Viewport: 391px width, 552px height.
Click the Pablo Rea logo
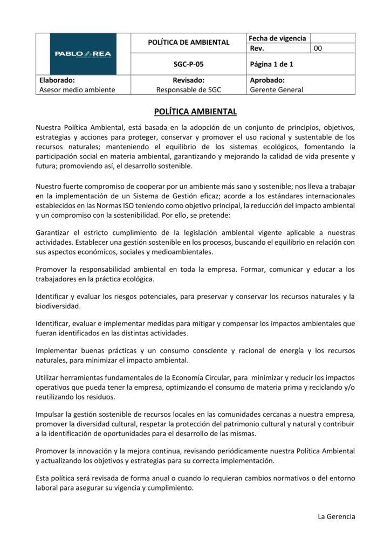pos(83,53)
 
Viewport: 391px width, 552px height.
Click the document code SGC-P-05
pos(188,64)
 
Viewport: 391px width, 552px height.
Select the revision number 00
pos(318,49)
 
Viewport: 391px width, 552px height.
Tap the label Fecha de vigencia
pos(277,38)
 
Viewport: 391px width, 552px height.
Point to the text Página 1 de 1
pos(271,64)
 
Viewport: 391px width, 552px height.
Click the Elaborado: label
pos(57,80)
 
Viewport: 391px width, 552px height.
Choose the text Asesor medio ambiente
pos(77,89)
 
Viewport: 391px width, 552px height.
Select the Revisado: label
pos(188,80)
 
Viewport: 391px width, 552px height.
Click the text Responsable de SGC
pos(188,89)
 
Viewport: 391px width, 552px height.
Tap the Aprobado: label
pos(267,80)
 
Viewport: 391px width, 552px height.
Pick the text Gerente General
pos(277,89)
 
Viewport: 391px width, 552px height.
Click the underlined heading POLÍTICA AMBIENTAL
pos(195,112)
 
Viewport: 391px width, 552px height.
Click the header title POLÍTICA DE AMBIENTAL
pos(188,43)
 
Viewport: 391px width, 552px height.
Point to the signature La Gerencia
pos(337,516)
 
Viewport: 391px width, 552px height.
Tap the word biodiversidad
pos(58,306)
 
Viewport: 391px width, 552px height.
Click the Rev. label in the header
pos(258,49)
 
